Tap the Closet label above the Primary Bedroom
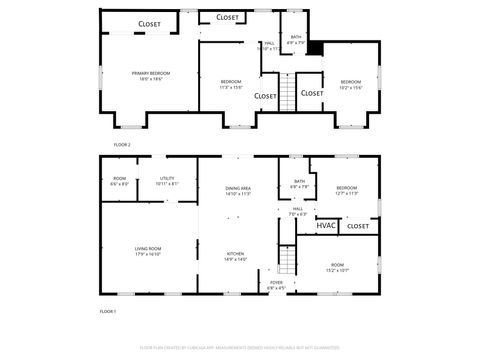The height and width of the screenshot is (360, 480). (149, 23)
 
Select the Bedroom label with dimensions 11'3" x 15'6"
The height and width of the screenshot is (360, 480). (231, 84)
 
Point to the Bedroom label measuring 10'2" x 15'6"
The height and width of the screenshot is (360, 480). (350, 84)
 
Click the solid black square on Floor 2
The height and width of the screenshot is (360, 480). (313, 46)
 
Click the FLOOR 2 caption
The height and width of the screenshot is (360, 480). (122, 144)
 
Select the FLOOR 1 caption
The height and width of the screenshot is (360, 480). (108, 312)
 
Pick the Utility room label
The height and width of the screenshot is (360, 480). (167, 181)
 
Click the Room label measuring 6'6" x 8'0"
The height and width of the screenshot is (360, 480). (119, 181)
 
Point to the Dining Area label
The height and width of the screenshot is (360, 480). (238, 191)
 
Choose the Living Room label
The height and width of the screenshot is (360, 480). (148, 251)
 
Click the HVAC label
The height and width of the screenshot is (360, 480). (326, 226)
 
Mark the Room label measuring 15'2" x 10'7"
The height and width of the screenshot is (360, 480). (337, 267)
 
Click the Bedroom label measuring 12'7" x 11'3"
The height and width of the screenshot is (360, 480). (346, 190)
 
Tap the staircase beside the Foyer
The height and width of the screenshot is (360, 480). (288, 261)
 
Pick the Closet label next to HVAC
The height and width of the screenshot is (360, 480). (357, 227)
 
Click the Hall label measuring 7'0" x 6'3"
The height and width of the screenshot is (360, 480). (298, 211)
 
